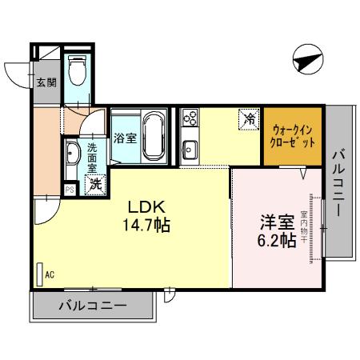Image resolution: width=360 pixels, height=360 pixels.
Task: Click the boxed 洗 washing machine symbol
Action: tap(96, 183)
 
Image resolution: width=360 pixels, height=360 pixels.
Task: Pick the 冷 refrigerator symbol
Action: tap(249, 119)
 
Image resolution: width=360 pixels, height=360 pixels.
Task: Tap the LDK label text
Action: tap(145, 206)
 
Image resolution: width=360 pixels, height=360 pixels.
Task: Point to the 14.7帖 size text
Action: tap(145, 225)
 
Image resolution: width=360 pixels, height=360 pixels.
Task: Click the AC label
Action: tap(50, 274)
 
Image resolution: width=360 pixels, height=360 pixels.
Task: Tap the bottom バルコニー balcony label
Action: tap(93, 306)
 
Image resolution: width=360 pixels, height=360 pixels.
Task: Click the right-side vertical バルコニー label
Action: tap(338, 184)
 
